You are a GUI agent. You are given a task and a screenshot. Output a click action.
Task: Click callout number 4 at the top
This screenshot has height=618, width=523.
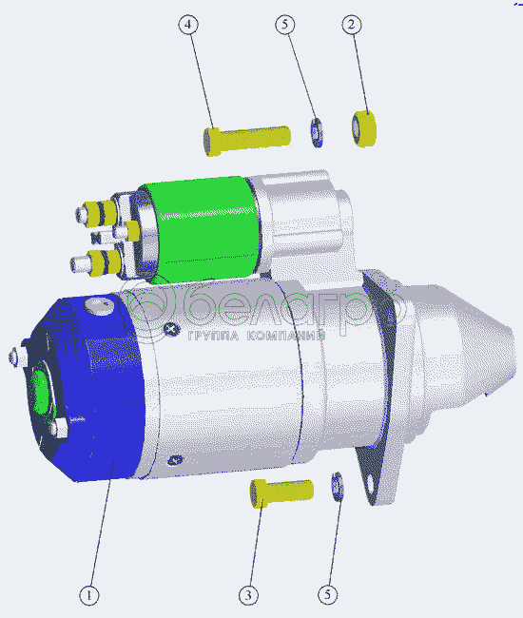point(188,25)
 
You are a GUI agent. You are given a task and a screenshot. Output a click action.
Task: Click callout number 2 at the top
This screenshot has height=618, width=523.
point(352,25)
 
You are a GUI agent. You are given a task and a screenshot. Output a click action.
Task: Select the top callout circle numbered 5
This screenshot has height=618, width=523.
point(285,25)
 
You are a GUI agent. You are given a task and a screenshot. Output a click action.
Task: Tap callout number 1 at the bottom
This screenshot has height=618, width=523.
point(89,595)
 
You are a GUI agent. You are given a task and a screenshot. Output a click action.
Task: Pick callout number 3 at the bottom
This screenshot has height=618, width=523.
point(249,595)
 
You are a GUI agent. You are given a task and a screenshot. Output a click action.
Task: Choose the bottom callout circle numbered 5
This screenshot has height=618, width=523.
point(328,594)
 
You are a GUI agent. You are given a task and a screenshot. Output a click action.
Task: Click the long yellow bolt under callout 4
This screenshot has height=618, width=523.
point(246,141)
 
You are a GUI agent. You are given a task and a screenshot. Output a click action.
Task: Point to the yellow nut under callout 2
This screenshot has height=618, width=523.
point(364,128)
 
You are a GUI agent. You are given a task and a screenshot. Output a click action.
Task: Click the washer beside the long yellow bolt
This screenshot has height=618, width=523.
point(317,132)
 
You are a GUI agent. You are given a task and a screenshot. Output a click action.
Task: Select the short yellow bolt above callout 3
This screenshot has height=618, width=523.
point(281,492)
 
